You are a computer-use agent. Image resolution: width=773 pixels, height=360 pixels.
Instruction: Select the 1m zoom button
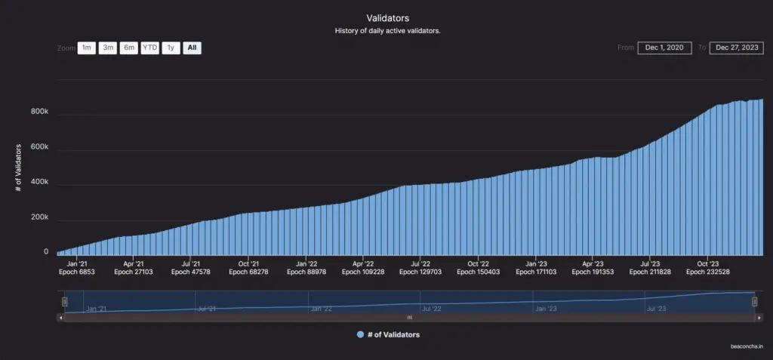86,48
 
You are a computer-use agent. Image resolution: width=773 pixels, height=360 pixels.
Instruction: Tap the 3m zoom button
108,48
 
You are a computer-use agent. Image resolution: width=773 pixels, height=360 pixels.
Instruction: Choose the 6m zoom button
129,48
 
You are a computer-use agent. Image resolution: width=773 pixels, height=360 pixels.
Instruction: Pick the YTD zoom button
150,48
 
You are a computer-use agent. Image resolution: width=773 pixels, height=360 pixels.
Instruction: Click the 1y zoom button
171,48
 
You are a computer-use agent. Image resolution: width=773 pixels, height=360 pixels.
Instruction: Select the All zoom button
192,48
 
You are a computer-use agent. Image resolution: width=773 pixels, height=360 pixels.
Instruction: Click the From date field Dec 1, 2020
664,48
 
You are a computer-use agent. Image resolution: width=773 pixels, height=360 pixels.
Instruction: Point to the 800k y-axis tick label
39,111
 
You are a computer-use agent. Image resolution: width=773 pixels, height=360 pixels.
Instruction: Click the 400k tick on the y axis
39,182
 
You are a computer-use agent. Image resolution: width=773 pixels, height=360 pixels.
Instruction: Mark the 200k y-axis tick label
39,217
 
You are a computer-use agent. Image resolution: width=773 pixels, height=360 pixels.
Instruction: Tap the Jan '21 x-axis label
77,264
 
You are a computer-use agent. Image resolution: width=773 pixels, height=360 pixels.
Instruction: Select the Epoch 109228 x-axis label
363,272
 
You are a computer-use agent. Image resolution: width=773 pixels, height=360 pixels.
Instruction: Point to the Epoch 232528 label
708,272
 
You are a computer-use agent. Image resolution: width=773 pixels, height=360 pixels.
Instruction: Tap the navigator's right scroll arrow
759,318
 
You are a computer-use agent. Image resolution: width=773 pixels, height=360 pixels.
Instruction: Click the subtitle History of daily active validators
386,31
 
